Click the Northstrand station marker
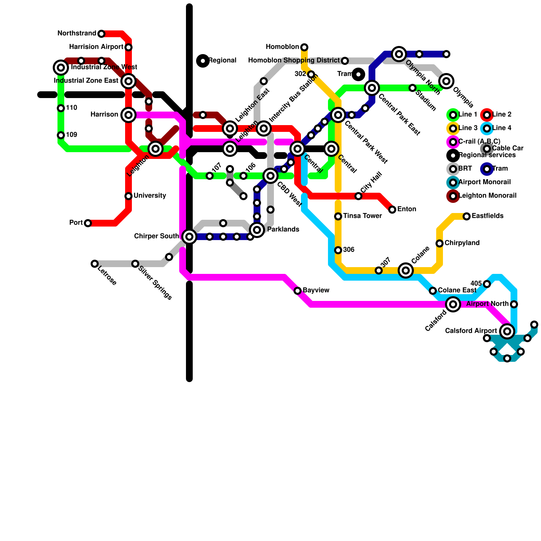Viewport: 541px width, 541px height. (x=101, y=34)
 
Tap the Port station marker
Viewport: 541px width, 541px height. (x=88, y=223)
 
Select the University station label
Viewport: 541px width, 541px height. (x=149, y=196)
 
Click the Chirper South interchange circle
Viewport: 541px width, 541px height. (x=189, y=237)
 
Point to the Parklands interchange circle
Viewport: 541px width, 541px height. (x=257, y=230)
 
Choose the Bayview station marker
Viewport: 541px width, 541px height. (x=298, y=291)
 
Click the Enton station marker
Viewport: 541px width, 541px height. (x=392, y=210)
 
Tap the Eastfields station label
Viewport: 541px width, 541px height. (x=487, y=216)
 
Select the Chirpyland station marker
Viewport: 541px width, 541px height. (x=440, y=243)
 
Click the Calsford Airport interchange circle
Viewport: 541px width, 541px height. (x=507, y=331)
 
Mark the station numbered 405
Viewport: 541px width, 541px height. (x=487, y=284)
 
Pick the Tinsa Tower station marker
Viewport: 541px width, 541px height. (x=338, y=216)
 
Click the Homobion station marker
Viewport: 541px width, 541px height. (x=304, y=47)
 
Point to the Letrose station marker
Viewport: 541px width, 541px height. (x=95, y=264)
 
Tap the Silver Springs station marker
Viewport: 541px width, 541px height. (x=135, y=264)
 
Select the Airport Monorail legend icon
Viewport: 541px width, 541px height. (x=453, y=183)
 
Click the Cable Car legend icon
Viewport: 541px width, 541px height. (x=487, y=149)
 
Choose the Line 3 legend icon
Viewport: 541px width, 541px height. (x=453, y=128)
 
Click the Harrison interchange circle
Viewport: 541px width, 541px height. (x=128, y=115)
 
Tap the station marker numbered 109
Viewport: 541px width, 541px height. (x=61, y=135)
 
